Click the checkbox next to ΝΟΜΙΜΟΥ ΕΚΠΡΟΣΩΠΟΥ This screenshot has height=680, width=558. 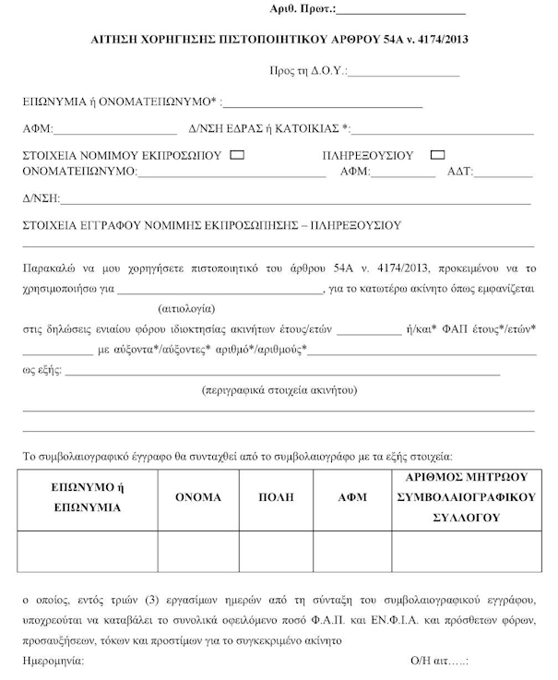pyautogui.click(x=237, y=155)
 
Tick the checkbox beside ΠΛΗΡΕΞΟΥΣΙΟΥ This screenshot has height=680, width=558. pyautogui.click(x=438, y=155)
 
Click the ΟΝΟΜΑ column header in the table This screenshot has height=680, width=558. pyautogui.click(x=198, y=497)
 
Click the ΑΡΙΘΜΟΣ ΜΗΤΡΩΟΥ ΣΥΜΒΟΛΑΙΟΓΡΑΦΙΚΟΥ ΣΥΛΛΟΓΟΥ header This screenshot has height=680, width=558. pyautogui.click(x=466, y=497)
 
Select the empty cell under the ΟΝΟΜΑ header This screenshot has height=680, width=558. pyautogui.click(x=198, y=552)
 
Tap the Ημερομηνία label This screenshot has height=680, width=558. pyautogui.click(x=53, y=662)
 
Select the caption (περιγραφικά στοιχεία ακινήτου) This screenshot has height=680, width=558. pyautogui.click(x=279, y=390)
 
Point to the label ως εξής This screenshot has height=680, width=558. pyautogui.click(x=41, y=370)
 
